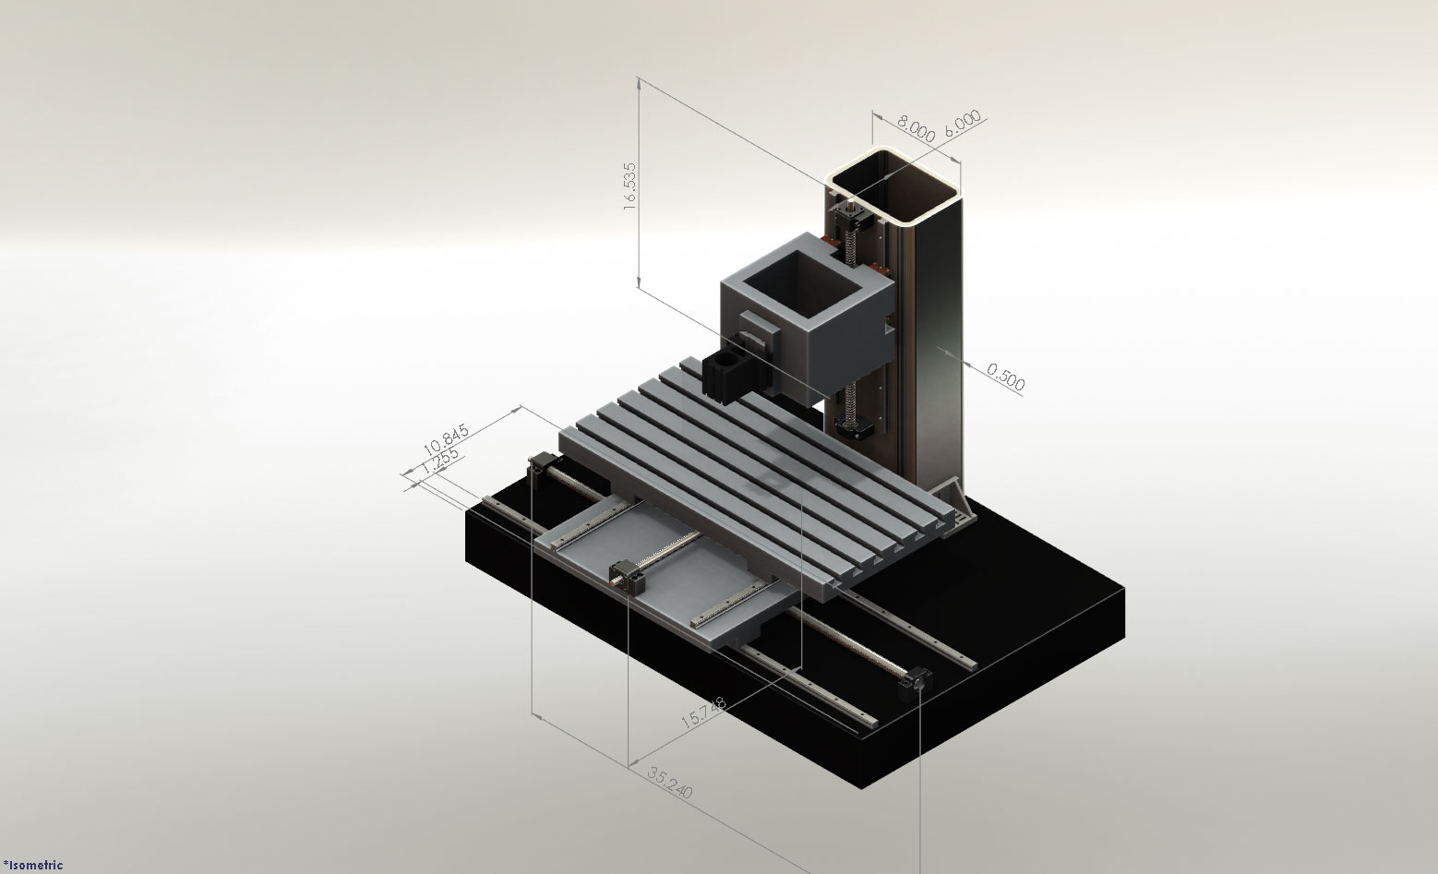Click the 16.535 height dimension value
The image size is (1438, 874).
click(x=630, y=188)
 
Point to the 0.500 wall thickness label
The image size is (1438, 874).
click(x=1005, y=377)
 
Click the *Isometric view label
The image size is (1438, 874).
click(x=33, y=865)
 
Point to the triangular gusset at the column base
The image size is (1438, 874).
click(x=954, y=499)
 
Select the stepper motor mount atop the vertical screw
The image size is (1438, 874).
click(x=847, y=218)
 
